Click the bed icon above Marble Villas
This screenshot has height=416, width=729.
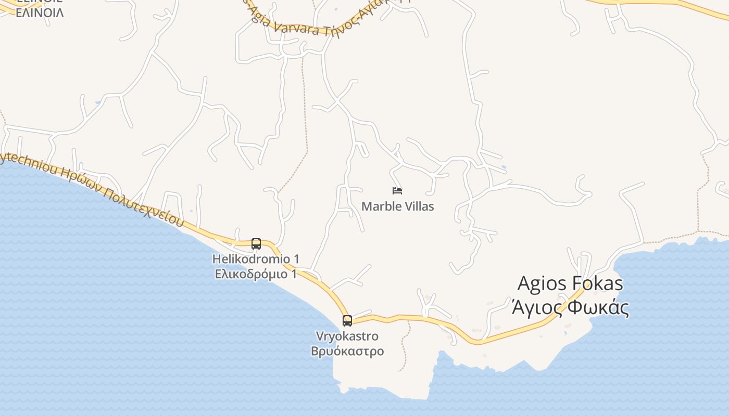point(397,191)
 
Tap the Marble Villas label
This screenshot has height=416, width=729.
point(397,206)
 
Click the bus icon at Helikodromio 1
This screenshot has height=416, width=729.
point(256,243)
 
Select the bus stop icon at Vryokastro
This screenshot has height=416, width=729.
point(347,321)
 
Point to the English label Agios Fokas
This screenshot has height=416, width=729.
point(570,284)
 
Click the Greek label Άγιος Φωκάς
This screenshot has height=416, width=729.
point(570,307)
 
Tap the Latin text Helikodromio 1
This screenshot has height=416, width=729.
point(256,259)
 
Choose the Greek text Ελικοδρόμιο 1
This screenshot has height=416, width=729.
point(256,274)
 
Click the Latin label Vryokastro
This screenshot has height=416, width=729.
point(347,336)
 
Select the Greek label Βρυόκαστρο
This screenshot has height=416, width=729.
point(347,351)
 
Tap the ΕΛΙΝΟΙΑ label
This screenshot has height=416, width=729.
point(40,13)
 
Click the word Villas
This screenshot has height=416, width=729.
point(418,206)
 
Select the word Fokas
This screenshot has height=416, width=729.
point(597,284)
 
